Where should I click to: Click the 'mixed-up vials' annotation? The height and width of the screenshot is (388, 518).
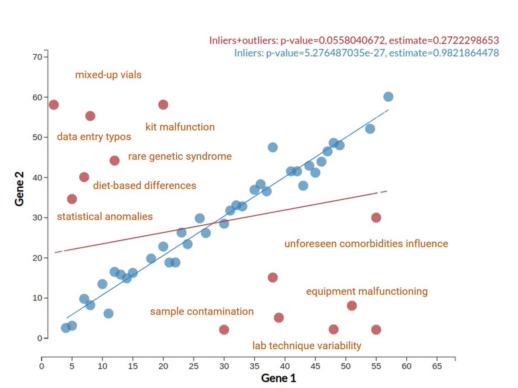108,75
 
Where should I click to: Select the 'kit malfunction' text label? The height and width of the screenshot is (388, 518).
180,127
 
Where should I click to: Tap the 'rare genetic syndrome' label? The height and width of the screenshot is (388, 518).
180,156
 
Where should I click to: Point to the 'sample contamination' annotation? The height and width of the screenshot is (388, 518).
202,312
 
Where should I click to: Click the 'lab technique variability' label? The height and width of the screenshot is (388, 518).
307,346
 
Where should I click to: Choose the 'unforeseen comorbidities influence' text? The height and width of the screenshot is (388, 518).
366,244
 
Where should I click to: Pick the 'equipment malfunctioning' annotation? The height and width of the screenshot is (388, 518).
367,292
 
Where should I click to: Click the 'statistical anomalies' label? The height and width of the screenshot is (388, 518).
105,217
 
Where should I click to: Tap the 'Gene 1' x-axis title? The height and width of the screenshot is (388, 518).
278,379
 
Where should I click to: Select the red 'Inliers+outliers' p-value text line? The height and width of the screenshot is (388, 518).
354,41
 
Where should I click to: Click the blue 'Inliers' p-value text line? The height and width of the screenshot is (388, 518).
366,53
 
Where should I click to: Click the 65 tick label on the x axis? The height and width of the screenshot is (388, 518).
437,366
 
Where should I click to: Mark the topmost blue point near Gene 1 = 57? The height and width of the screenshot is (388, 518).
388,97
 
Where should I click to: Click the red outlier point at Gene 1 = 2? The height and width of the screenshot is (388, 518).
54,105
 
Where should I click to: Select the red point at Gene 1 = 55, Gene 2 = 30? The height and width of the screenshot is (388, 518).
376,218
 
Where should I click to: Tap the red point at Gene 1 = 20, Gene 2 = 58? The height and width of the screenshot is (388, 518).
163,105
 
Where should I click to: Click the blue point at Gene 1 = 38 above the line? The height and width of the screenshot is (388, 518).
272,147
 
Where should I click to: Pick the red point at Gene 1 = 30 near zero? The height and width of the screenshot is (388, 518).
224,330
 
